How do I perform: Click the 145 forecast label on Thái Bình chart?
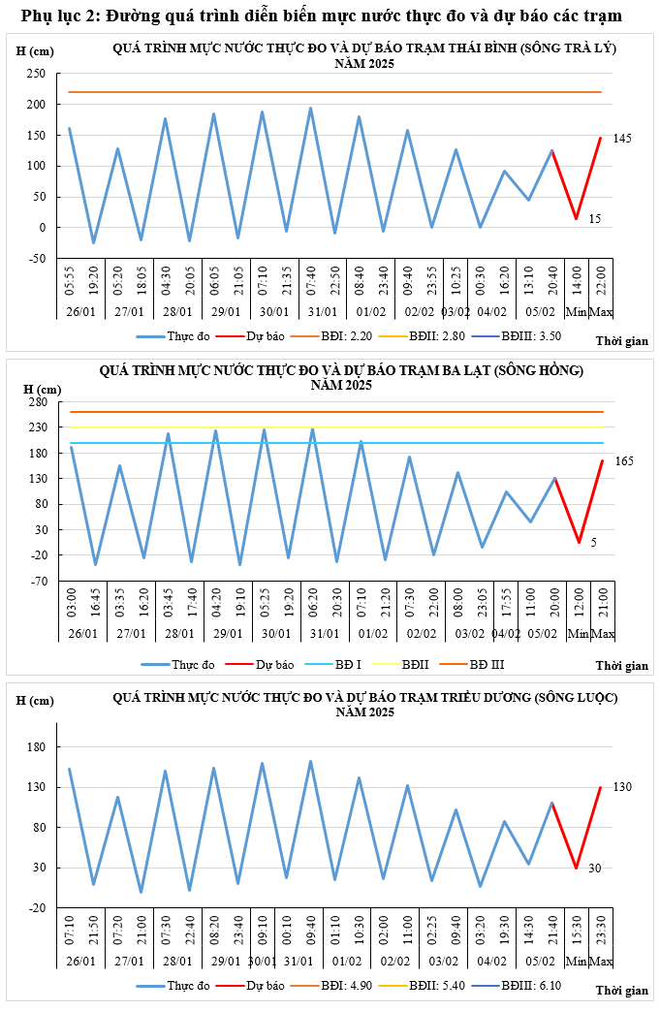(x=622, y=139)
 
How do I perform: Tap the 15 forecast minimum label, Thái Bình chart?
(x=595, y=219)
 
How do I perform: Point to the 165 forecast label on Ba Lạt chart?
(x=624, y=460)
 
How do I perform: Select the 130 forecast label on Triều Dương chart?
(x=622, y=786)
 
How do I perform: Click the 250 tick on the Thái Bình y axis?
(x=38, y=74)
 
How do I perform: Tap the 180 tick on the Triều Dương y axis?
(x=38, y=747)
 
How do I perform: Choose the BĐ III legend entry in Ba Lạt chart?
(x=487, y=665)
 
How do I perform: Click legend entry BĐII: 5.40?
(x=437, y=985)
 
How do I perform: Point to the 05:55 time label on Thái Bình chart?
(x=70, y=282)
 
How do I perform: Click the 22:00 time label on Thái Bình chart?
(x=601, y=282)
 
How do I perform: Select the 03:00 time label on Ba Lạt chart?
(x=71, y=608)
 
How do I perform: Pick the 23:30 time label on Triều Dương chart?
(x=602, y=936)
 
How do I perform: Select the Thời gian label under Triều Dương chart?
(x=621, y=990)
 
